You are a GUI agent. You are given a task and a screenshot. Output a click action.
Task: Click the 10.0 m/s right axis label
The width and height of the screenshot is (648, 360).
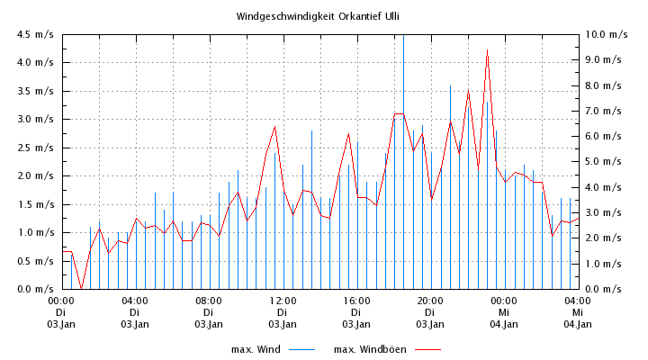606,34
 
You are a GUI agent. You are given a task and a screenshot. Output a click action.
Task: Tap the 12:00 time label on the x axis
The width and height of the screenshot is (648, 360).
282,301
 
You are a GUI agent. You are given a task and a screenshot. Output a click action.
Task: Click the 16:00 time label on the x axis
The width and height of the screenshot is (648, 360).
355,301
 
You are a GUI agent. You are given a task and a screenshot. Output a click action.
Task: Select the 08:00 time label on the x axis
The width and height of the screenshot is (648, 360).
208,301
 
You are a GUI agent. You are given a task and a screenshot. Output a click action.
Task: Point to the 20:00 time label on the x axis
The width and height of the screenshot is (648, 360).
429,301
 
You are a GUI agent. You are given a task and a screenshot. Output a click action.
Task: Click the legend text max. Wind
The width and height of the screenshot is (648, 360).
256,349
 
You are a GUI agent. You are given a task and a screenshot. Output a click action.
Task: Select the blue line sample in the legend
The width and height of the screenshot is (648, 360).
301,349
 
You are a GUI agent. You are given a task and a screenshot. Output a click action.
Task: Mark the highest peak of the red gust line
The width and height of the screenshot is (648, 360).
487,51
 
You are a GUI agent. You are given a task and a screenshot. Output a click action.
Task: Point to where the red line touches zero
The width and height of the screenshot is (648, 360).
81,288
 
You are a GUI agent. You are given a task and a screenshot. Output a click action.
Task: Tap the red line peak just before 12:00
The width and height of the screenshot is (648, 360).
274,126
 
